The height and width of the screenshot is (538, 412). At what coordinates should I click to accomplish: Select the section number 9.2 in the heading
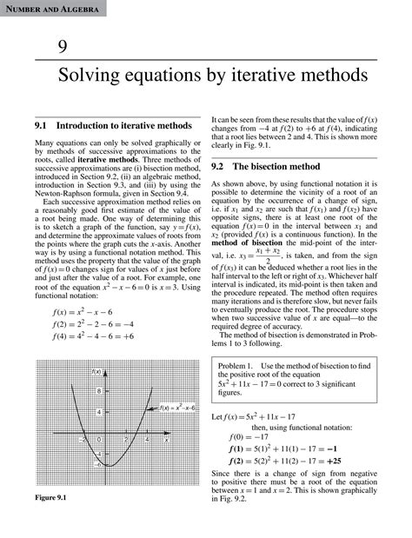(x=219, y=164)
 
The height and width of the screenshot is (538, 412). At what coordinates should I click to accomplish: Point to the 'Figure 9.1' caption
(x=51, y=521)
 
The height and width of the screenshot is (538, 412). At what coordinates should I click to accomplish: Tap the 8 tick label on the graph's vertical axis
(x=98, y=391)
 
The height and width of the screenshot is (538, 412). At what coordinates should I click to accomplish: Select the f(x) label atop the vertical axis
(x=96, y=372)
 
